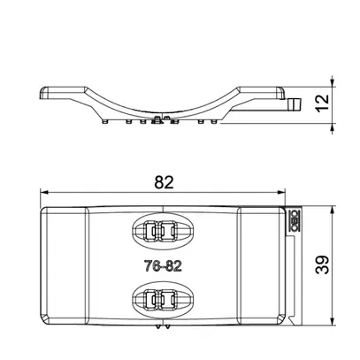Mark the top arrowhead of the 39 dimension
click(x=332, y=211)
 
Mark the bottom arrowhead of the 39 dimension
click(x=332, y=320)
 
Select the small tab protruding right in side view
click(x=293, y=104)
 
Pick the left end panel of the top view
click(x=62, y=265)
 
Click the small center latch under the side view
click(x=159, y=119)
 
